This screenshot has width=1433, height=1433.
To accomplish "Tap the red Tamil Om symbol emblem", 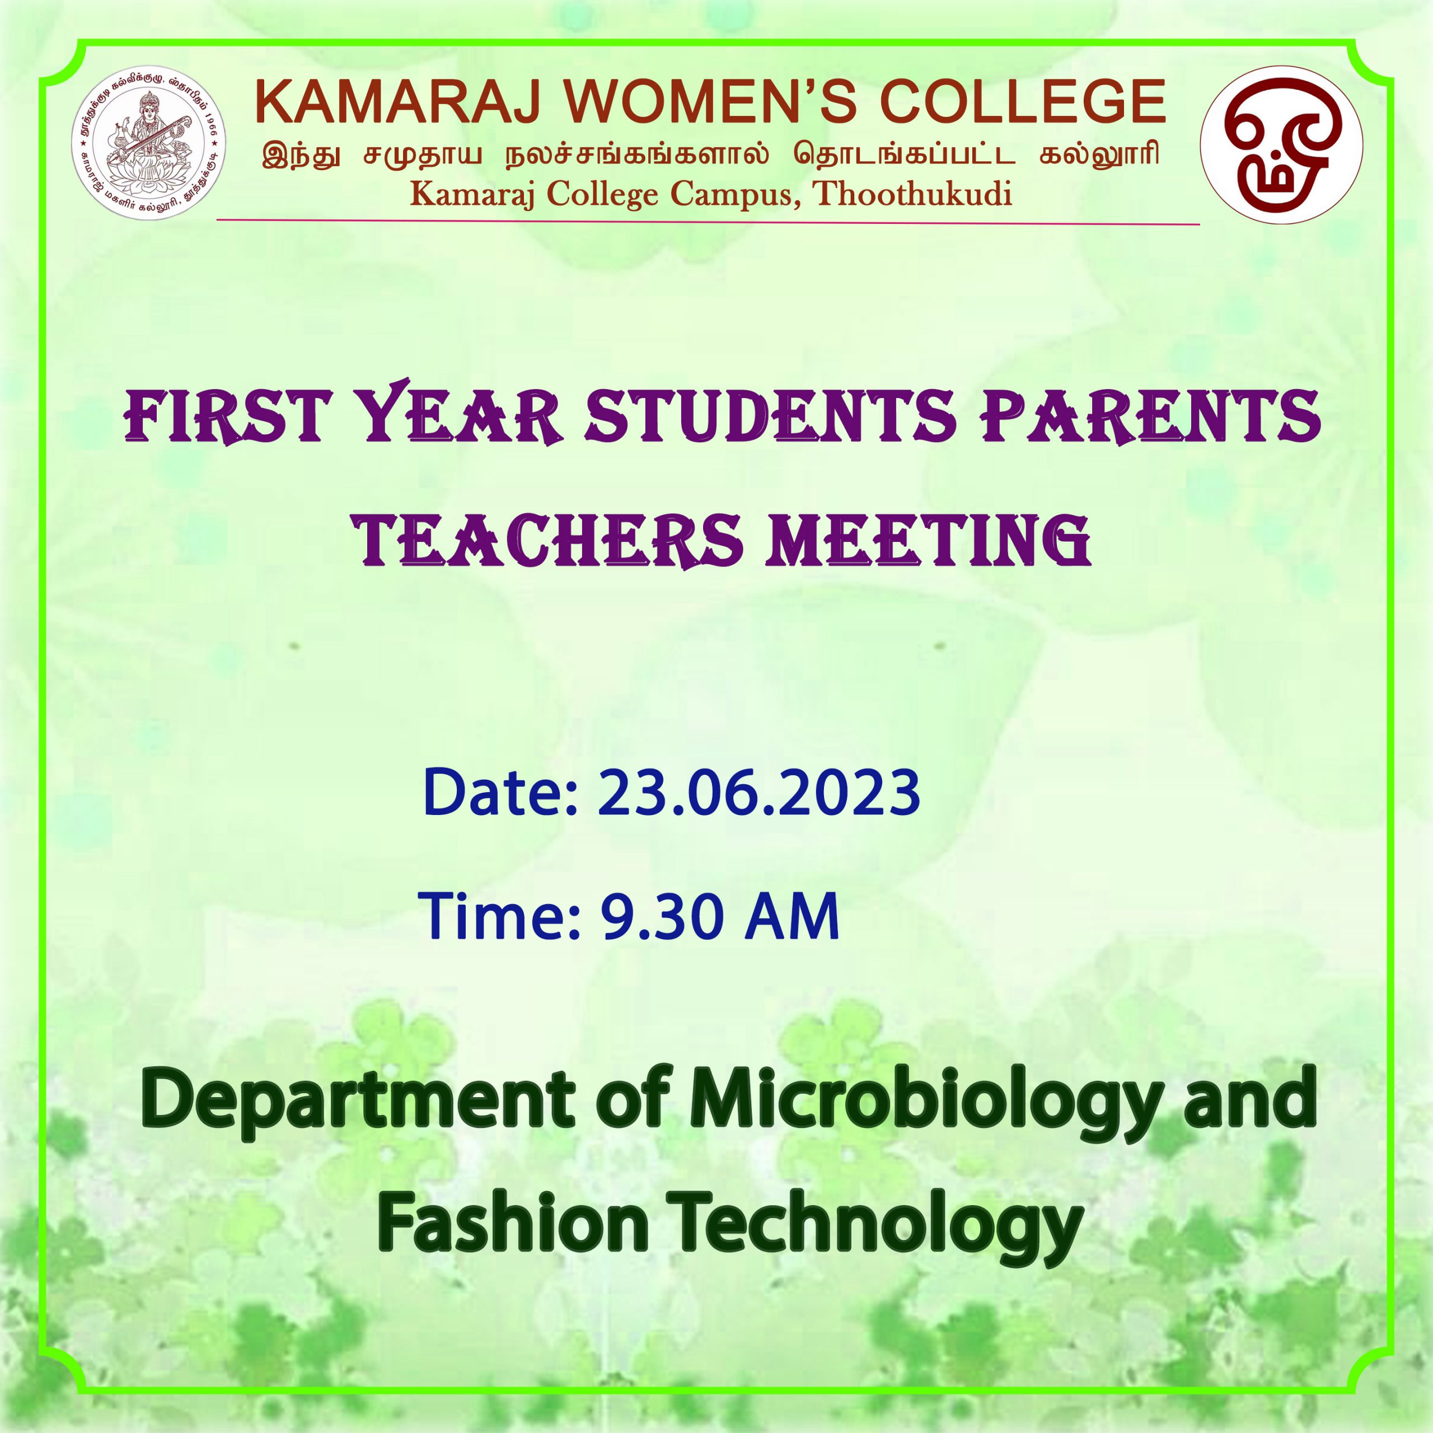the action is tap(1281, 146).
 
